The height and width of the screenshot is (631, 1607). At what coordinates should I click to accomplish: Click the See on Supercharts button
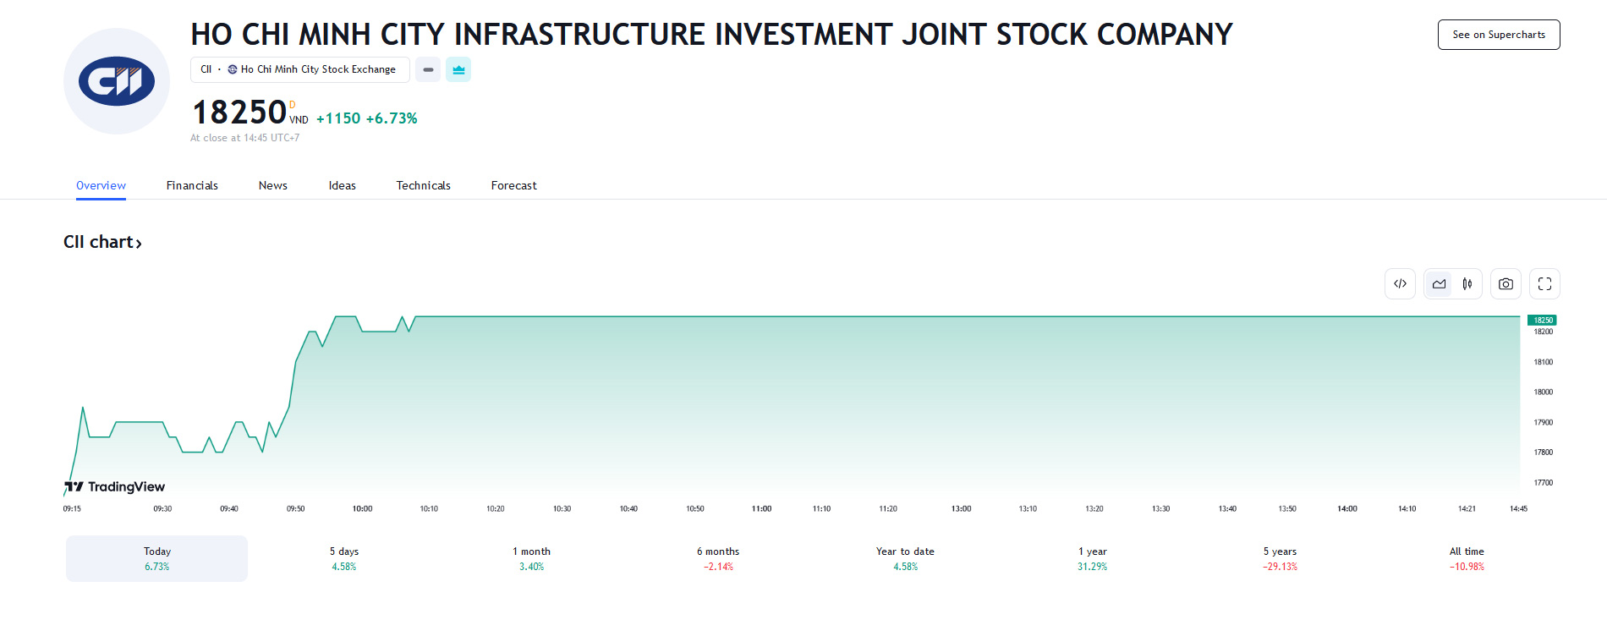coord(1498,35)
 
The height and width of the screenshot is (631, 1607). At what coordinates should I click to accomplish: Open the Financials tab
coord(192,185)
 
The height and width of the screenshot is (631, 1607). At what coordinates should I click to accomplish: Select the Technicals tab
coord(423,185)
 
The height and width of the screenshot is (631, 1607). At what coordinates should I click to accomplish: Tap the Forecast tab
coord(513,185)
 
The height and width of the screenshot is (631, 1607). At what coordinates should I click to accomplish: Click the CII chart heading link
coord(102,242)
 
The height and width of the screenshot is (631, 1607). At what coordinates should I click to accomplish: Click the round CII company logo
coord(117,81)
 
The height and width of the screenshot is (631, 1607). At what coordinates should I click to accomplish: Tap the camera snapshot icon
coord(1506,284)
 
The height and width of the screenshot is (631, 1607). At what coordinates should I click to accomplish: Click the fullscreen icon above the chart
coord(1544,284)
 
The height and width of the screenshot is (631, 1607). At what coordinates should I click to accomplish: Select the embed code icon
coord(1400,284)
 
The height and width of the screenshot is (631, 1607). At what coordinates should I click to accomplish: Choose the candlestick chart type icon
coord(1467,284)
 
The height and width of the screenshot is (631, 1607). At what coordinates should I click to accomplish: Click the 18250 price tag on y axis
coord(1542,320)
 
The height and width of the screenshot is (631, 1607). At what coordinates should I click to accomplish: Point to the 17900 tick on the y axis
coord(1543,422)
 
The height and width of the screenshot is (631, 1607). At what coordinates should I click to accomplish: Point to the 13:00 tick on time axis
coord(961,508)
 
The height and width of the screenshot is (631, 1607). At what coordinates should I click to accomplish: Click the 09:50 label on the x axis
coord(295,508)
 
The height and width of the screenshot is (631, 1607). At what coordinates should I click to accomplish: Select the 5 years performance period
coord(1280,558)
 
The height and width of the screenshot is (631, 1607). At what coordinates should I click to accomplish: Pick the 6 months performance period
coord(718,558)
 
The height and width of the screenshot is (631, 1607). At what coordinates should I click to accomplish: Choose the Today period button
coord(157,558)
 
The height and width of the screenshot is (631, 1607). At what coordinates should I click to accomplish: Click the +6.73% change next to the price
coord(392,118)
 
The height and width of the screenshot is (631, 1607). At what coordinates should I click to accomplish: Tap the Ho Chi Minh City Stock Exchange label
coord(317,69)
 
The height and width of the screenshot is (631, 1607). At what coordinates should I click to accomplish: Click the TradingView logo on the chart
coord(115,486)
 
